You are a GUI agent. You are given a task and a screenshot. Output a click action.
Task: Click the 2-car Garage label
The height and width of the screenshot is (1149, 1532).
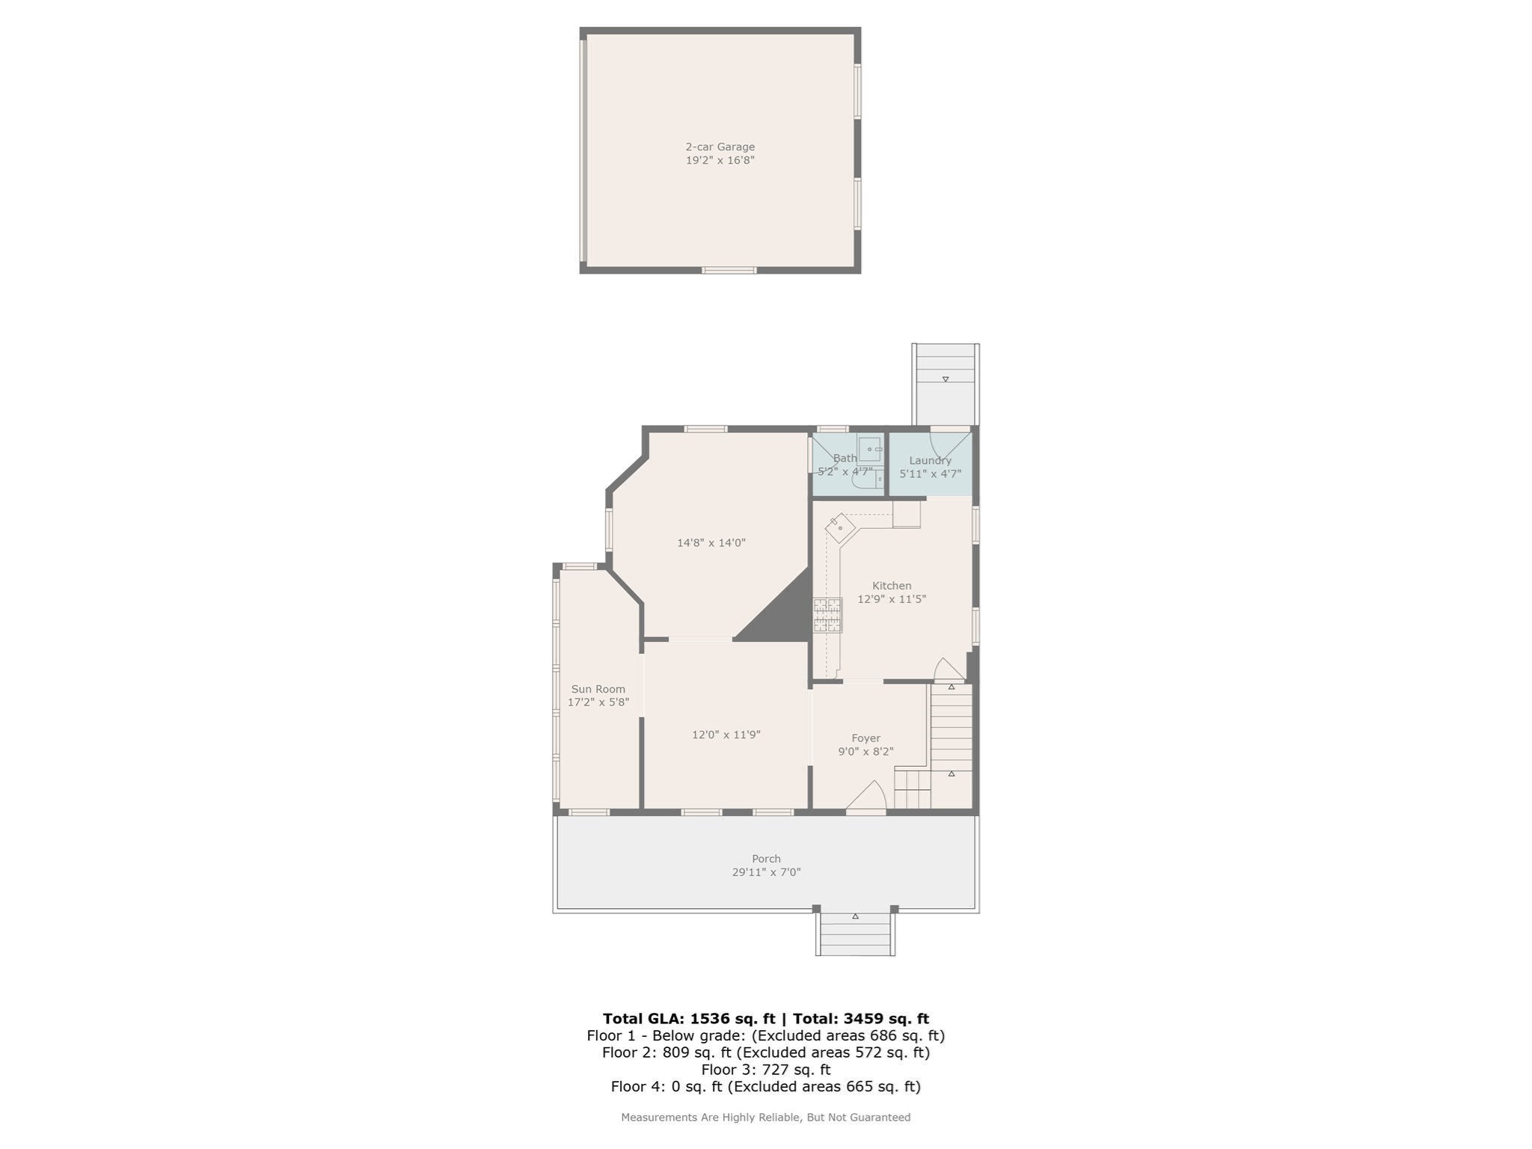720,147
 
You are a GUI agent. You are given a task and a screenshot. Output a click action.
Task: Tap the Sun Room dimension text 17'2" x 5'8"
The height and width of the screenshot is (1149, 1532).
598,702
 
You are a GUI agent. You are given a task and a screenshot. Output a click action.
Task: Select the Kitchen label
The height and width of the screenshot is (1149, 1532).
891,586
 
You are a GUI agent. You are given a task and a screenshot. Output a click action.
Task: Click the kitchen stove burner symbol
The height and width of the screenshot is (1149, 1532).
827,615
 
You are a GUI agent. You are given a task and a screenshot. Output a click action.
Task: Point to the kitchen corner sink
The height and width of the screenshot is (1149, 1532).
840,528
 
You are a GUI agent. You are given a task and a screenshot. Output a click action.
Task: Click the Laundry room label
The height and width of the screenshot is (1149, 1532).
930,461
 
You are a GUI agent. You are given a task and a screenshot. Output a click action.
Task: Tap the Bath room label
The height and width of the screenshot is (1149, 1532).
845,459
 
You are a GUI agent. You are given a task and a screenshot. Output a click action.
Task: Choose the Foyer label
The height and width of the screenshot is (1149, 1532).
865,738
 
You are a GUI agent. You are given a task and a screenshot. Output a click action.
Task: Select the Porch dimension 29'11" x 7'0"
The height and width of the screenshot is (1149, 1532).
766,872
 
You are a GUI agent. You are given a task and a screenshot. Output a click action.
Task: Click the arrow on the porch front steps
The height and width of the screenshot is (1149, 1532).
855,916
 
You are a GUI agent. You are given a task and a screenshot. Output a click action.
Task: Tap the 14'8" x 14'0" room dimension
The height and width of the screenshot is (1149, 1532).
711,543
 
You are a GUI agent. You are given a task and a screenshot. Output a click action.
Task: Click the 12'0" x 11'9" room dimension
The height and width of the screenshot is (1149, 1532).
726,735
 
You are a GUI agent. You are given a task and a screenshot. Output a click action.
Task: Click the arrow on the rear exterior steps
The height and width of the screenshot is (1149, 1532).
946,379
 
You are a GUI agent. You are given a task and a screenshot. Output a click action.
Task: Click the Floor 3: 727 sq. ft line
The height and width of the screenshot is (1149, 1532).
765,1070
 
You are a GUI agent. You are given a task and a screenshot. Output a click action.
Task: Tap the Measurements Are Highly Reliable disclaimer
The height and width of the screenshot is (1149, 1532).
765,1118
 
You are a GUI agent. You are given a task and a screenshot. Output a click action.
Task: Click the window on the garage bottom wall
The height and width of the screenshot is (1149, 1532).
729,270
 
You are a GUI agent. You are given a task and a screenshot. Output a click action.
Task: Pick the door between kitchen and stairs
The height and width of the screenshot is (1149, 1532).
949,670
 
